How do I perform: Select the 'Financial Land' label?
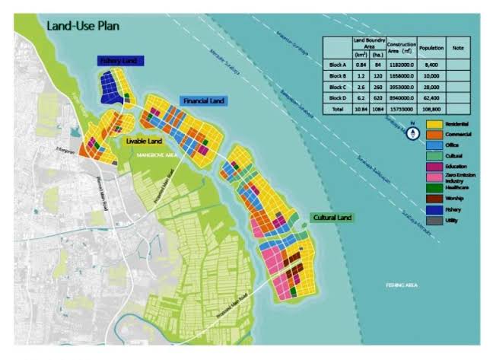203,100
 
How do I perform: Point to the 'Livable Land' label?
143,141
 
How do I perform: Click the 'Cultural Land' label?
332,218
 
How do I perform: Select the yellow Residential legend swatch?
434,123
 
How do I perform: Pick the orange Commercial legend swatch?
434,134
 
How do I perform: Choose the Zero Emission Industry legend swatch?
434,177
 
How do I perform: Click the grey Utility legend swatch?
434,221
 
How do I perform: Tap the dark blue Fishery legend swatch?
434,209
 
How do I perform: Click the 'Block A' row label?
336,64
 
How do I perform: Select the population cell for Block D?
431,98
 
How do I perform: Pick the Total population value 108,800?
431,110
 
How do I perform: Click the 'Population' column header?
431,47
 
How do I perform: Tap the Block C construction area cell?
401,87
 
